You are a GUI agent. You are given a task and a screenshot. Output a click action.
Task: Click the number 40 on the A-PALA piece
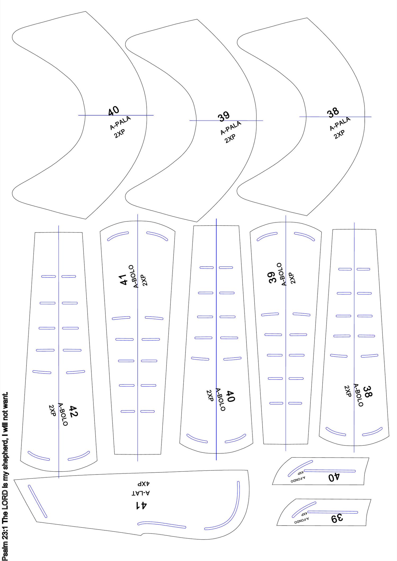pos(114,111)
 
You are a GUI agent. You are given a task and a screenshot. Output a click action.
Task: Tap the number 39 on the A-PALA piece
pos(224,116)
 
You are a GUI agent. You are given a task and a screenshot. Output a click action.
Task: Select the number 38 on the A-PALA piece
pos(333,112)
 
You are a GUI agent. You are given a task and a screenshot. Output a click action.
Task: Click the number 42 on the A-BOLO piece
pos(73,411)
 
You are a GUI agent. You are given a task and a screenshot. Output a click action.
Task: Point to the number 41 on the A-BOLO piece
pos(123,280)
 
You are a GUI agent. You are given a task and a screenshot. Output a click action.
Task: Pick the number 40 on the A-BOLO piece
pos(230,396)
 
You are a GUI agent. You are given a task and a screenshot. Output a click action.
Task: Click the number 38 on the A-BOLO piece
pos(367,391)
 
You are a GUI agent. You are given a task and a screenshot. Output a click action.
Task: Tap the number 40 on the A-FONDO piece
pos(334,477)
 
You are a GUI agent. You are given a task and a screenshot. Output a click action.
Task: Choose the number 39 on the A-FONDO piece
pos(337,518)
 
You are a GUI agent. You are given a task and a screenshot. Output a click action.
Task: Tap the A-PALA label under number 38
pos(340,124)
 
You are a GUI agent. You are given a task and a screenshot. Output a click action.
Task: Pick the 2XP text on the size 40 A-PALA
pos(120,134)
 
